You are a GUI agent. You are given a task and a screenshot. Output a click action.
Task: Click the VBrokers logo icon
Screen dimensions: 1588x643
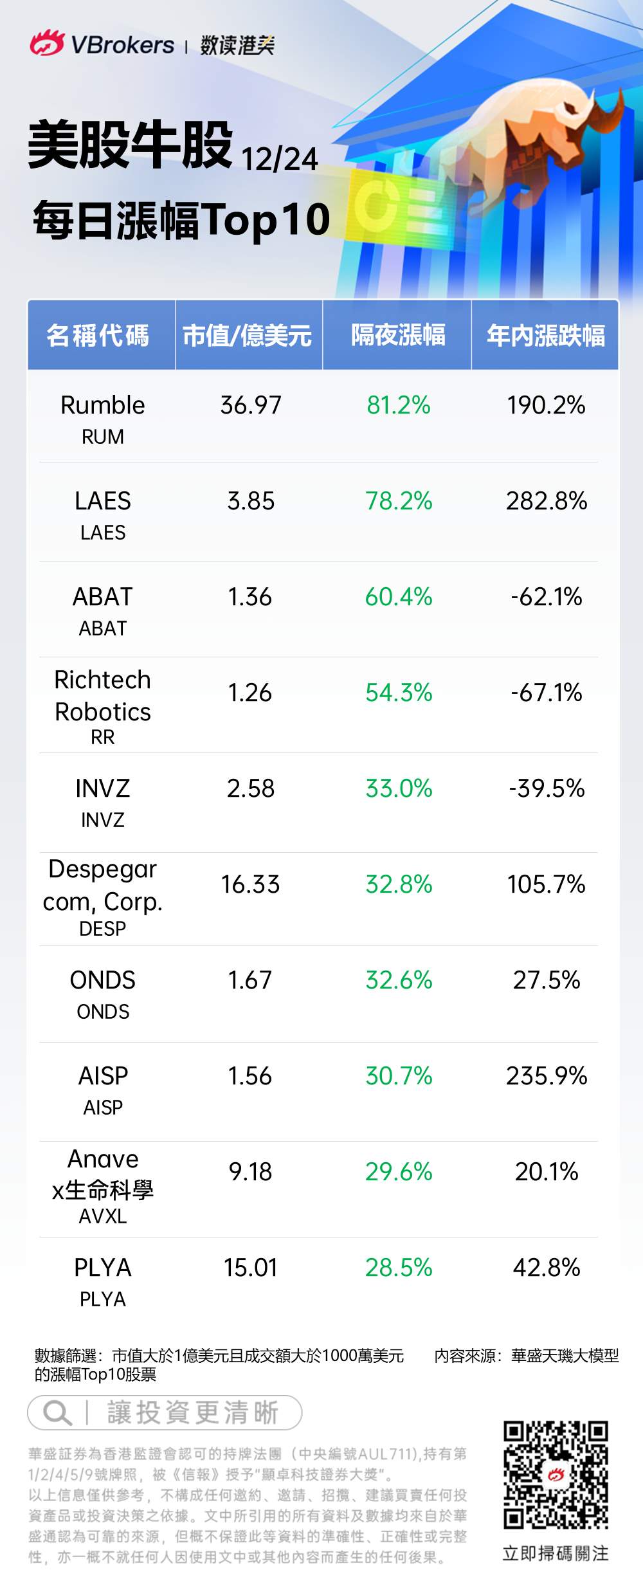[x=47, y=43]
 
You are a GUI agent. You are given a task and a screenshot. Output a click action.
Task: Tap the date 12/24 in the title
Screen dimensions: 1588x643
[x=279, y=160]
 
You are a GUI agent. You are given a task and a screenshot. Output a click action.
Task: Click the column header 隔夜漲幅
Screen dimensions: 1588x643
[x=398, y=335]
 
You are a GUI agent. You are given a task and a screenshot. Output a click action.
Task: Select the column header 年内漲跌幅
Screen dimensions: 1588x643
[x=545, y=335]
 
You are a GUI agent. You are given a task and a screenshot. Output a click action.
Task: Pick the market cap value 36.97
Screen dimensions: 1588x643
[x=251, y=405]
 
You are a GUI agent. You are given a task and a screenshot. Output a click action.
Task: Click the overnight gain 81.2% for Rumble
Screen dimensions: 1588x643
[x=399, y=405]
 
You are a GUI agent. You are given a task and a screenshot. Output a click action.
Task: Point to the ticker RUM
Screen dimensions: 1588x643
[x=103, y=437]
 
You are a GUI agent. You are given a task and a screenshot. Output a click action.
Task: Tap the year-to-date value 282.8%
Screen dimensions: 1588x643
[x=547, y=501]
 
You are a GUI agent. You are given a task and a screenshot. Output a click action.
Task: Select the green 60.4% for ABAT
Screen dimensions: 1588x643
[x=399, y=597]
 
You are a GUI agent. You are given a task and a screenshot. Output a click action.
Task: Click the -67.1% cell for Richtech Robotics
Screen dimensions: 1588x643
[x=547, y=693]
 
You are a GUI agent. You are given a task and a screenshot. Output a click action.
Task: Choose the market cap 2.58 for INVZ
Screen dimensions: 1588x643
[x=251, y=789]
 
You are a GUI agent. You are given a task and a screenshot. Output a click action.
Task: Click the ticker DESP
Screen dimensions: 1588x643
[x=103, y=929]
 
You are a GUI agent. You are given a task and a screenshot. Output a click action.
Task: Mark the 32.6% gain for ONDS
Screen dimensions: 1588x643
[x=399, y=980]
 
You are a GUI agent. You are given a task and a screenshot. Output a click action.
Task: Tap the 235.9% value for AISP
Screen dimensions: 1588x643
[x=547, y=1076]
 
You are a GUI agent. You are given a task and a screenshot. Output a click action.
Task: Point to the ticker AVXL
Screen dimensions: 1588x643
[x=103, y=1216]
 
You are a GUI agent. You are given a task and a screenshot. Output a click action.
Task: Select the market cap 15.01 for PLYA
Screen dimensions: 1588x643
[x=251, y=1268]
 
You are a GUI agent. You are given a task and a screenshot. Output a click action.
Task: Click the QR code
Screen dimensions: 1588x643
[x=556, y=1475]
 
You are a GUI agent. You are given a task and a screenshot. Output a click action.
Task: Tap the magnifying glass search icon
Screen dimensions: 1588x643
[x=57, y=1413]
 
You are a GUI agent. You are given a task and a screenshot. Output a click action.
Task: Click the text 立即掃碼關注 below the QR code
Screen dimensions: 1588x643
[x=556, y=1553]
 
